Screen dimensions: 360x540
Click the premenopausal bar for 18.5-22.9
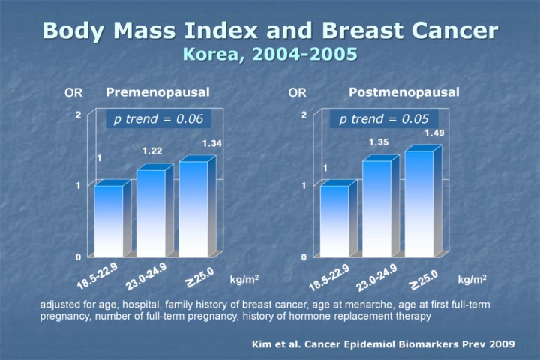pyautogui.click(x=109, y=220)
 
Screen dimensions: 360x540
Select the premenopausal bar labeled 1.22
pyautogui.click(x=151, y=213)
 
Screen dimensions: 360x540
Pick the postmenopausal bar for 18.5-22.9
pyautogui.click(x=334, y=220)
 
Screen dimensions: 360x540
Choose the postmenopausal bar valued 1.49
pyautogui.click(x=418, y=204)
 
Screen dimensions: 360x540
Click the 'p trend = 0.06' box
pyautogui.click(x=154, y=119)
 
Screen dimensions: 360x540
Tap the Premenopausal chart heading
pyautogui.click(x=157, y=92)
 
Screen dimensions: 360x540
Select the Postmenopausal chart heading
pyautogui.click(x=404, y=92)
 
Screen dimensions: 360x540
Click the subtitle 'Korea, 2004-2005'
pyautogui.click(x=270, y=55)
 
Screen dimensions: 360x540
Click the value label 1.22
pyautogui.click(x=153, y=151)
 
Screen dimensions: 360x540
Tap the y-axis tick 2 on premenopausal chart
pyautogui.click(x=78, y=115)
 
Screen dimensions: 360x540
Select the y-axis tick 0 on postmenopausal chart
pyautogui.click(x=304, y=256)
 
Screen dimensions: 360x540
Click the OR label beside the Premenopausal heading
pyautogui.click(x=73, y=93)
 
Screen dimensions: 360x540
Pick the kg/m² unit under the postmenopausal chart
pyautogui.click(x=472, y=279)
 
